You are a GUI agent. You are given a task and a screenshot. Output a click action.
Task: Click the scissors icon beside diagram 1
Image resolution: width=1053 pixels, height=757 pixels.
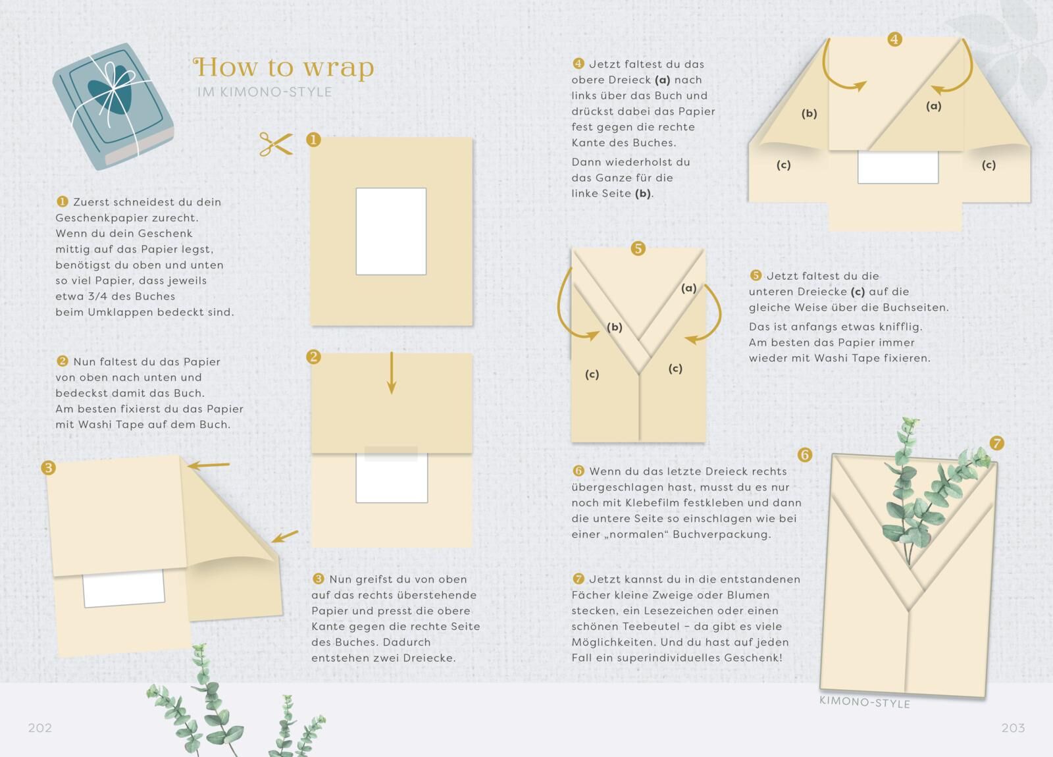(x=276, y=144)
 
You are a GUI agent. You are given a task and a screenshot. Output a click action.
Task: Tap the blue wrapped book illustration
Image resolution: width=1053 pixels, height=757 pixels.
(x=113, y=106)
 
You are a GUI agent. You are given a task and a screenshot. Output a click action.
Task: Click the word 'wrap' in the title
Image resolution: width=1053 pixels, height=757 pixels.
(x=338, y=67)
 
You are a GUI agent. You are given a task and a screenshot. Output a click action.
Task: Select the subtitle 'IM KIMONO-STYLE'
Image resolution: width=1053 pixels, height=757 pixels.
(x=264, y=91)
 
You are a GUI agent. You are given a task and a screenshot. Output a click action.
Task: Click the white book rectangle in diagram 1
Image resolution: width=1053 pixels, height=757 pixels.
(x=391, y=231)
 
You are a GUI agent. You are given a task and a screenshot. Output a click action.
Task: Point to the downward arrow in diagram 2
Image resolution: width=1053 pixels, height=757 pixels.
(x=391, y=373)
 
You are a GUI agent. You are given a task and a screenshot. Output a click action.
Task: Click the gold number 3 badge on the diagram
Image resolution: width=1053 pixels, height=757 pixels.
(x=49, y=468)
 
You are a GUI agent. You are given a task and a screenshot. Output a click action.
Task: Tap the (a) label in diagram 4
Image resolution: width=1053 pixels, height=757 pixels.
(x=934, y=106)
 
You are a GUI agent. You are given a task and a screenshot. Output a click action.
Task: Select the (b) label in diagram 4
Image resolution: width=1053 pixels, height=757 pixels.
(x=809, y=113)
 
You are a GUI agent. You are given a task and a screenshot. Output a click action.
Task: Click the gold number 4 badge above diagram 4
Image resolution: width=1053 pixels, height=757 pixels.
(x=894, y=39)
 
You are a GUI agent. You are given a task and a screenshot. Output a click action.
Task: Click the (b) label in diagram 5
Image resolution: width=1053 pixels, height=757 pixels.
(x=615, y=326)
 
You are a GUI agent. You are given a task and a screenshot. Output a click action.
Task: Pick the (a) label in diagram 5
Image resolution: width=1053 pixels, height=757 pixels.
(x=688, y=288)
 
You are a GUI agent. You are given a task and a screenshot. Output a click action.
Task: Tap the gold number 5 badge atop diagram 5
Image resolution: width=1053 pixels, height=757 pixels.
(x=638, y=248)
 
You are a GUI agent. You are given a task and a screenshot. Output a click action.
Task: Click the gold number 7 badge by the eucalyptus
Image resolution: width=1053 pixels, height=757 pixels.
(x=996, y=443)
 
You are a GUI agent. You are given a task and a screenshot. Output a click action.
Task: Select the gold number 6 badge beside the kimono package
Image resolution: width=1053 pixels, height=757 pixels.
(x=805, y=455)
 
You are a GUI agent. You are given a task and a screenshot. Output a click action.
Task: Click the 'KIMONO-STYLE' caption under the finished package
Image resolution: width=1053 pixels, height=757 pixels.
(x=865, y=702)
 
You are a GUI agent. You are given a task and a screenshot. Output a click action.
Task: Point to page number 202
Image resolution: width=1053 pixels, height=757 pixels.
(x=40, y=728)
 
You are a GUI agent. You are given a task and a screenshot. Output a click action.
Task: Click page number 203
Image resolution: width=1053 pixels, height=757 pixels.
(x=1013, y=728)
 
